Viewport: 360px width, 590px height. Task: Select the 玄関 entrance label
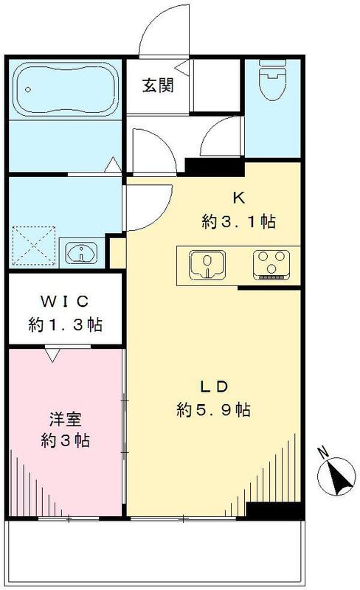[158, 86]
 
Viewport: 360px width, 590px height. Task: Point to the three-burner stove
[270, 264]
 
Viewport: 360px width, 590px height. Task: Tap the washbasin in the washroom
[80, 254]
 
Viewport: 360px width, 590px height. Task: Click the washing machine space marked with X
[32, 240]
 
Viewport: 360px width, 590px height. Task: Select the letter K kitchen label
[238, 198]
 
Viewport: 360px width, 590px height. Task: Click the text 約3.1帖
[238, 221]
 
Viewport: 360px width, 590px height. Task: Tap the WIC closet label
[65, 302]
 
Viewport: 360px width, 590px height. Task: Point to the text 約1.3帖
[65, 324]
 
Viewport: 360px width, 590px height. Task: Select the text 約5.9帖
[214, 409]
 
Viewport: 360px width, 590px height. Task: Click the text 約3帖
[65, 442]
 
